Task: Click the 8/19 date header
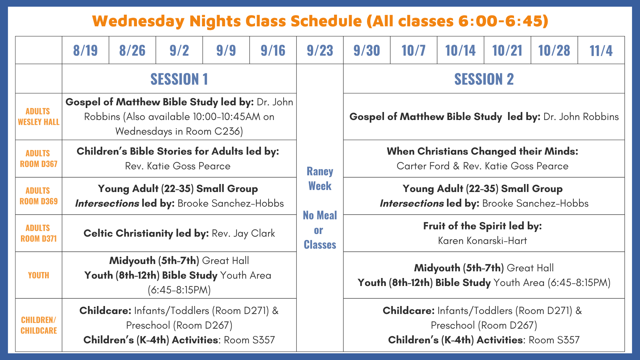click(x=85, y=50)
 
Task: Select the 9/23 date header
click(x=320, y=50)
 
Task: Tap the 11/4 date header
click(x=601, y=50)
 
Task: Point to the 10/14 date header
click(x=460, y=50)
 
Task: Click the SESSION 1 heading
click(x=179, y=79)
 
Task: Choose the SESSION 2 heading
click(x=484, y=79)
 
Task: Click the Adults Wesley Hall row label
click(x=39, y=117)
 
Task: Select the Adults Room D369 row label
click(x=39, y=196)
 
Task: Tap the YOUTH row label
click(x=39, y=275)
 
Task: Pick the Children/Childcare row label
click(x=39, y=325)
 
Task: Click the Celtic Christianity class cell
click(x=179, y=233)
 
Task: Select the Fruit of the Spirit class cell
click(x=484, y=233)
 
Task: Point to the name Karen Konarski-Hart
click(x=482, y=241)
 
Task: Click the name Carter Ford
click(x=423, y=166)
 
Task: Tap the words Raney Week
click(x=320, y=179)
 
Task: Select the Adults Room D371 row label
click(x=39, y=233)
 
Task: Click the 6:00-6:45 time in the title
click(x=501, y=21)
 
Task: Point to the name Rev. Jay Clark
click(x=243, y=233)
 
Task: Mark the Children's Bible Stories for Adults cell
click(x=179, y=159)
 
